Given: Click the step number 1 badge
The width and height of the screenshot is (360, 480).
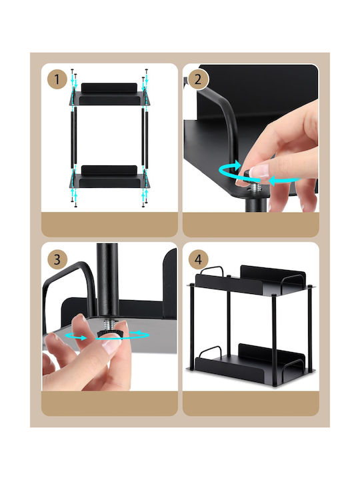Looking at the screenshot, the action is (x=57, y=79).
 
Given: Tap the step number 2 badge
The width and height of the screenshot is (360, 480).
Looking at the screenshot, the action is (x=198, y=79).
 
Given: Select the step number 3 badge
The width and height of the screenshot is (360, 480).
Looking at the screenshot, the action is (x=57, y=259).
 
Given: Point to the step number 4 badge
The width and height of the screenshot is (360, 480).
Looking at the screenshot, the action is (x=198, y=259).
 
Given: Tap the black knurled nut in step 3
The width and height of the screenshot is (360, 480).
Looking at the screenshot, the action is (x=109, y=334).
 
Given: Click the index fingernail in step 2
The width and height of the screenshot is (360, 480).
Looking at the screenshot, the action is (x=259, y=171).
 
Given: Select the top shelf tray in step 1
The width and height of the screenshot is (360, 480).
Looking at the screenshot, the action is (x=109, y=94).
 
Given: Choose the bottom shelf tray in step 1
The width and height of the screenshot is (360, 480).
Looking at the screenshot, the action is (x=109, y=177).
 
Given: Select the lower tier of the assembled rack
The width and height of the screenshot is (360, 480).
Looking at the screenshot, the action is (x=251, y=364).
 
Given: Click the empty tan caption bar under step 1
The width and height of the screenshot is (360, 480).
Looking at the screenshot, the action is (x=109, y=225).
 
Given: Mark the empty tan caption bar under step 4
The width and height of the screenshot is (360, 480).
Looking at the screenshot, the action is (x=251, y=403).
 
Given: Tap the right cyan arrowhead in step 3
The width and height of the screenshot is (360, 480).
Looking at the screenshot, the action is (x=139, y=333).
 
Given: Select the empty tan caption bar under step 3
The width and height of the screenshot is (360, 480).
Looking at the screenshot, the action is (x=109, y=403).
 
